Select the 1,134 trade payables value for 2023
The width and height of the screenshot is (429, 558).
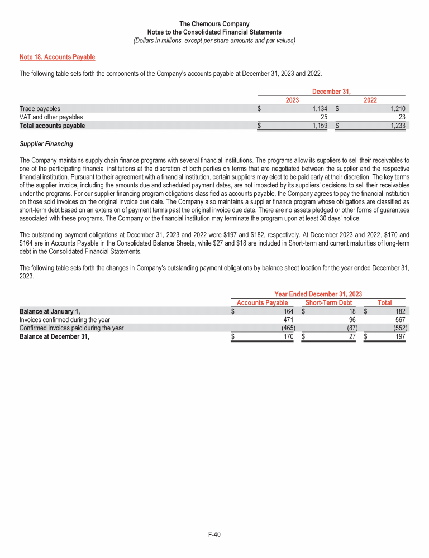319,109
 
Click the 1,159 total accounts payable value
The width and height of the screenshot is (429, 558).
319,126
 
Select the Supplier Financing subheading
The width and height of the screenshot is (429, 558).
46,144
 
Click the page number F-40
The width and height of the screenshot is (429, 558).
214,535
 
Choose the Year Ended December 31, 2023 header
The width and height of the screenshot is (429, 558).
318,294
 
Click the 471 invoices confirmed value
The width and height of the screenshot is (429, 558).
288,320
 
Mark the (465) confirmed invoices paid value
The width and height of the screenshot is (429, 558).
287,328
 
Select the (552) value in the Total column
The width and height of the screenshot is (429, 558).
398,328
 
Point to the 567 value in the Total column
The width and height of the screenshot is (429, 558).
399,320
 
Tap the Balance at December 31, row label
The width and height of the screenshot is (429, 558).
54,336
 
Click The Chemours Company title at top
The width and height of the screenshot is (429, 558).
214,24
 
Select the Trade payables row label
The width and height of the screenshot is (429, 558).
40,109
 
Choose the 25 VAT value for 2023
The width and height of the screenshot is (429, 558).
323,117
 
